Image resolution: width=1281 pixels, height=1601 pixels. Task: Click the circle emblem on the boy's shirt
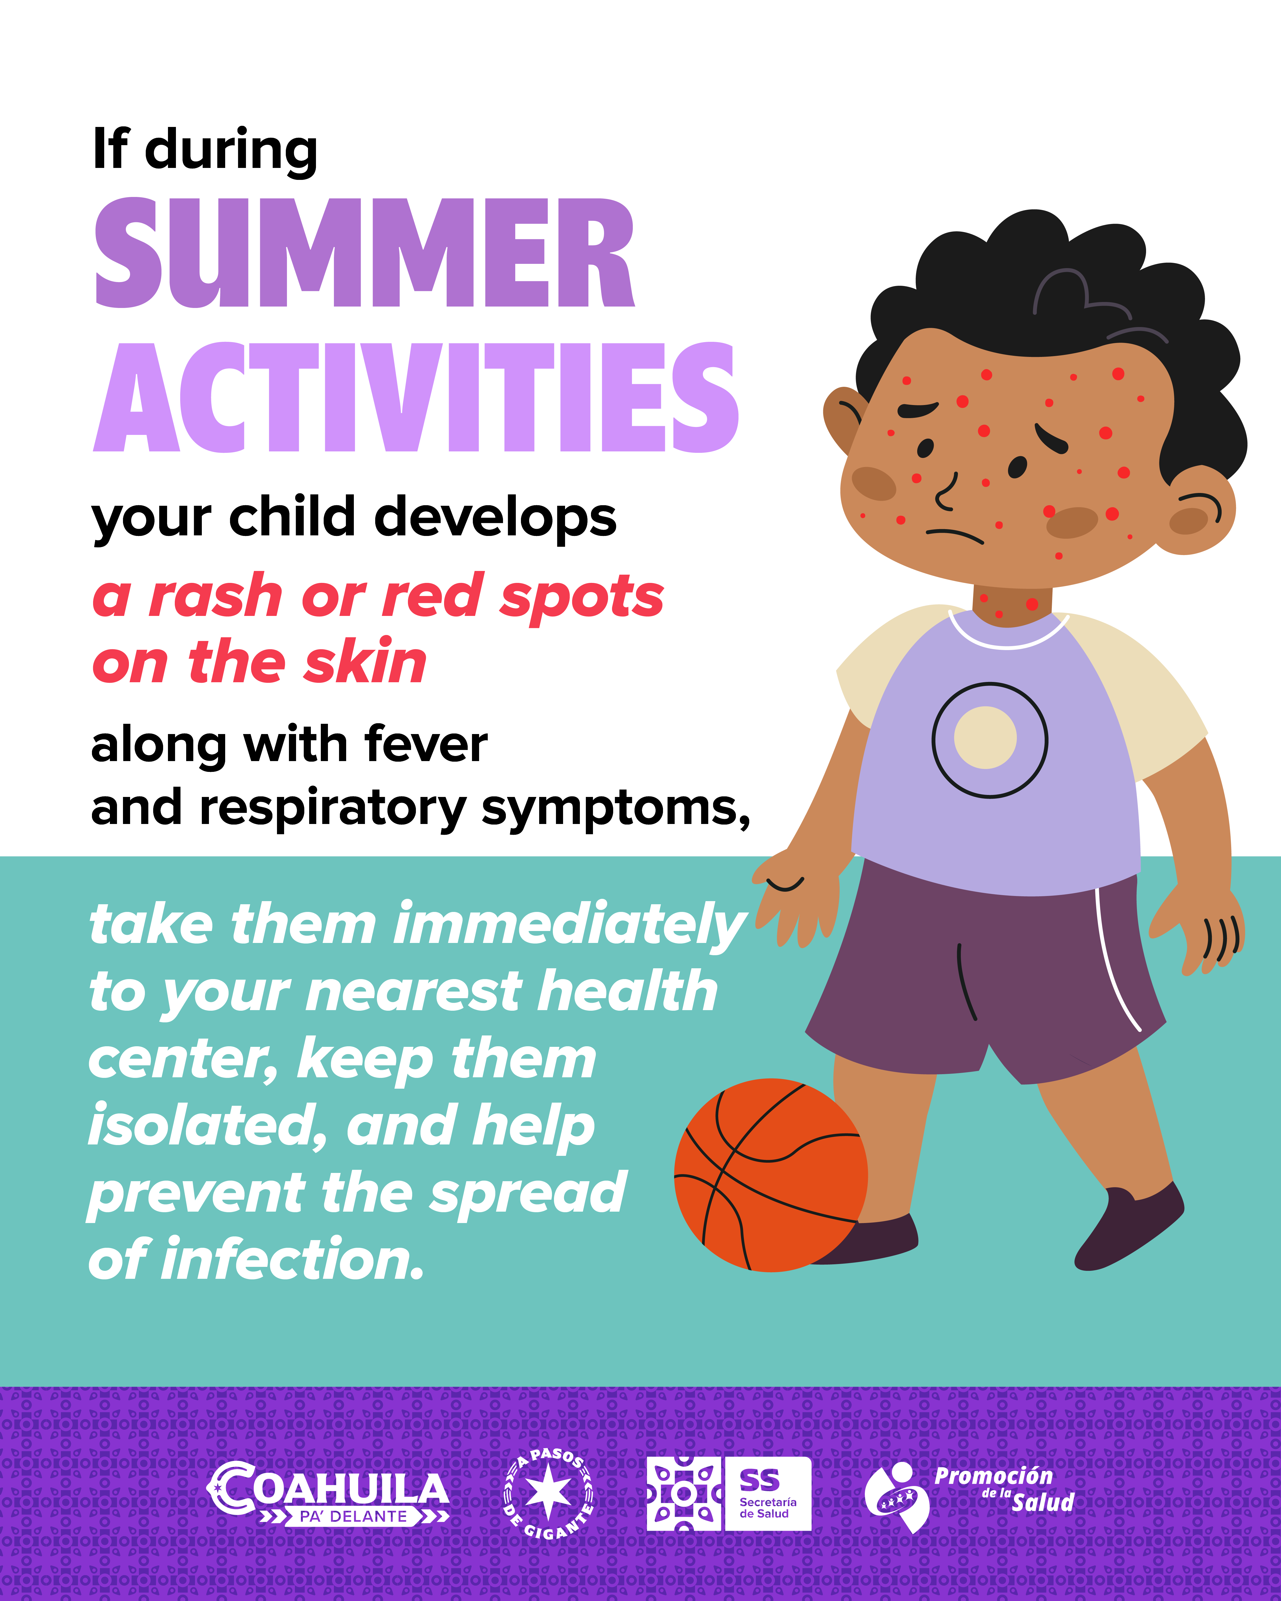point(990,740)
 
